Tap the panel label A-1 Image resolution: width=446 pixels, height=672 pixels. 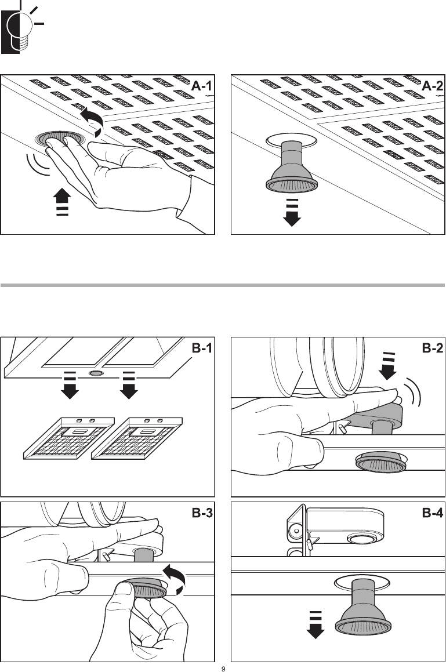[201, 86]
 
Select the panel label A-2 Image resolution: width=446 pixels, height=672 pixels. [432, 86]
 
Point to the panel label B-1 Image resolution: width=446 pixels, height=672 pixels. [202, 348]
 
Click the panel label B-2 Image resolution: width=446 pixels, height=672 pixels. [432, 348]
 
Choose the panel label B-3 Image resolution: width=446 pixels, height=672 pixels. [202, 513]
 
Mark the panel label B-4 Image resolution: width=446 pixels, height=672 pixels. [432, 513]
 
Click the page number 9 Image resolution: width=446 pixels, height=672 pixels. [223, 669]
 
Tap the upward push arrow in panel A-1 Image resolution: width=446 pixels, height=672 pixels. [62, 201]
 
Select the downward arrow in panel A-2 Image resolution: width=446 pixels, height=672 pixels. [292, 213]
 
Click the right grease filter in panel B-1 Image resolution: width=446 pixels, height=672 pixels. [137, 438]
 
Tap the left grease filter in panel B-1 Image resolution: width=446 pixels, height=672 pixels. [68, 438]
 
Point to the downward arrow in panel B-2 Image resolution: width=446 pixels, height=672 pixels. [388, 366]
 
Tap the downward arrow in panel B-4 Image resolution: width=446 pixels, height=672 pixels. [316, 624]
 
